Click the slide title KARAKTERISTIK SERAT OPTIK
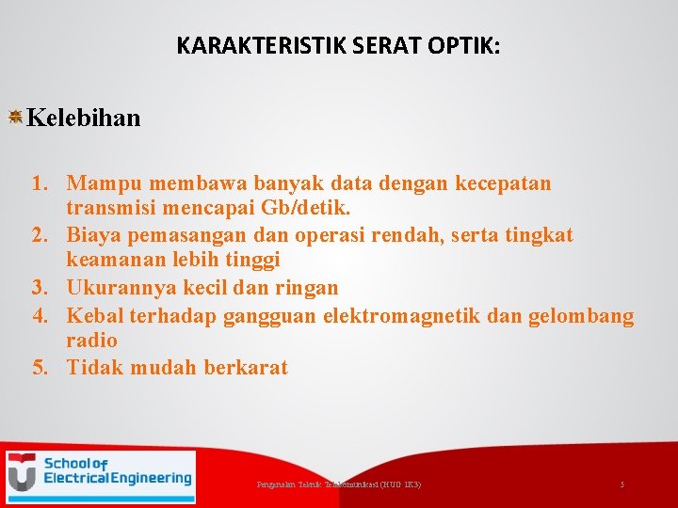(x=338, y=46)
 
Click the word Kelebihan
(x=84, y=118)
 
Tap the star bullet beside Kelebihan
(x=15, y=117)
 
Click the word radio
(x=91, y=341)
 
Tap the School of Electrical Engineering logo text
(x=117, y=471)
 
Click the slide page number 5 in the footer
(x=621, y=484)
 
